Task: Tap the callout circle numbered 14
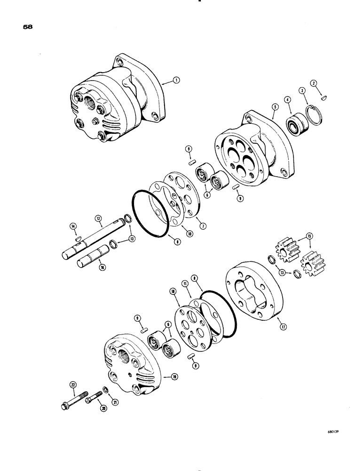(73, 227)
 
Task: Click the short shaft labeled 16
(90, 262)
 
